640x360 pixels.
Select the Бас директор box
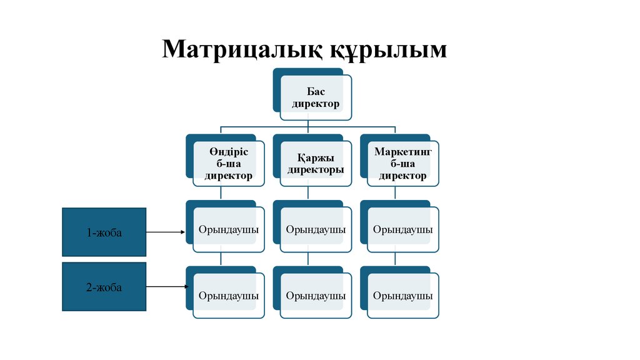coord(316,97)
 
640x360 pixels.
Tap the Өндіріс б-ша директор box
coord(229,164)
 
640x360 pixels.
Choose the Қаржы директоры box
coord(316,164)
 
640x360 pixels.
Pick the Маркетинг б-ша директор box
coord(403,164)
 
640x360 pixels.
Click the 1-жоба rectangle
coord(104,232)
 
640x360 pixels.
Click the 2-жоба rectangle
coord(104,287)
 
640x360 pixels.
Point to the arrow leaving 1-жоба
coord(166,232)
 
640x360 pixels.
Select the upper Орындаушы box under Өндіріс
coord(229,229)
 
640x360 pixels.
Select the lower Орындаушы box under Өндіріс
coord(229,295)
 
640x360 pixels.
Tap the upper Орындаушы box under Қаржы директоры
coord(316,229)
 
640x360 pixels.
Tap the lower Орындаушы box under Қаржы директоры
coord(316,295)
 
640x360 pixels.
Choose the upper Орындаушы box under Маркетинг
coord(403,229)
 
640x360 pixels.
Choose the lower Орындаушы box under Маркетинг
coord(403,295)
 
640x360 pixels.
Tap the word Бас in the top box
coord(316,92)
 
